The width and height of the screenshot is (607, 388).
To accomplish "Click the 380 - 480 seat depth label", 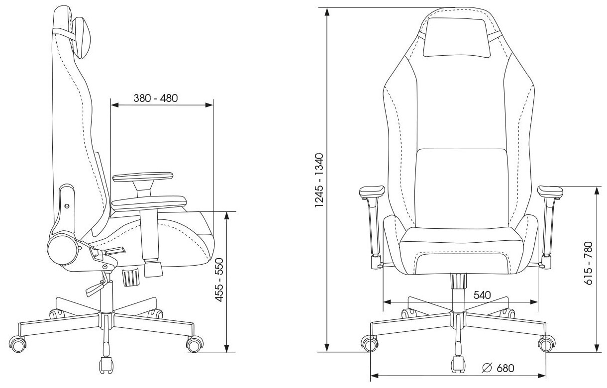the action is point(156,98).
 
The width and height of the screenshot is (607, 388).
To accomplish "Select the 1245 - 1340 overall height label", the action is point(319,179).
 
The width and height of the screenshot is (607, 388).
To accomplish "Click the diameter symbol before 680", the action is point(488,368).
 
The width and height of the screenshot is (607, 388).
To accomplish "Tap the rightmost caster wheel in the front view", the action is point(546,344).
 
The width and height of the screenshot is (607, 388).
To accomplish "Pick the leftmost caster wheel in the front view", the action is point(369,344).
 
